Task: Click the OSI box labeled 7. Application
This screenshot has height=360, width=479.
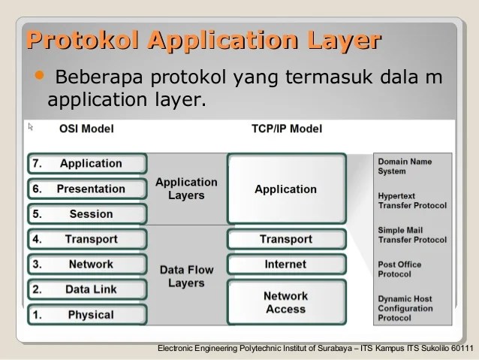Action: point(87,164)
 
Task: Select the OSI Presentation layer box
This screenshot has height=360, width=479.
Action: point(87,189)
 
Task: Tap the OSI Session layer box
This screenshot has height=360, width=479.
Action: point(87,214)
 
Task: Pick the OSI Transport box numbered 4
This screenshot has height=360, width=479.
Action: point(87,240)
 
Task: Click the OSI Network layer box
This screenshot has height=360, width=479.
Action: point(87,265)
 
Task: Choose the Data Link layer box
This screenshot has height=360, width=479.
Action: point(87,289)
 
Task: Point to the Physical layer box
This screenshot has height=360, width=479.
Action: point(87,315)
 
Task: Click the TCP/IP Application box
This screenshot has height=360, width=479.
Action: point(285,189)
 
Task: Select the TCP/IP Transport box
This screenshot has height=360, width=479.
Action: point(285,240)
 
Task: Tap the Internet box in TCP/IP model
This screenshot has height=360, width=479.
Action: point(285,265)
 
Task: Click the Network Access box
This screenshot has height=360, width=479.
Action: point(285,302)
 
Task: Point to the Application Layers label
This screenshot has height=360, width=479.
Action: point(186,189)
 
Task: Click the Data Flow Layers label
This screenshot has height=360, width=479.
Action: point(186,277)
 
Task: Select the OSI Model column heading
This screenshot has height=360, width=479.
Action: point(86,129)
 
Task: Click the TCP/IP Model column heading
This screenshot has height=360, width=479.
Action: point(286,129)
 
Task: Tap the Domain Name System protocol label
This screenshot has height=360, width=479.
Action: point(405,166)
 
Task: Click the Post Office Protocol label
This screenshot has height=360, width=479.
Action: point(399,269)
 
